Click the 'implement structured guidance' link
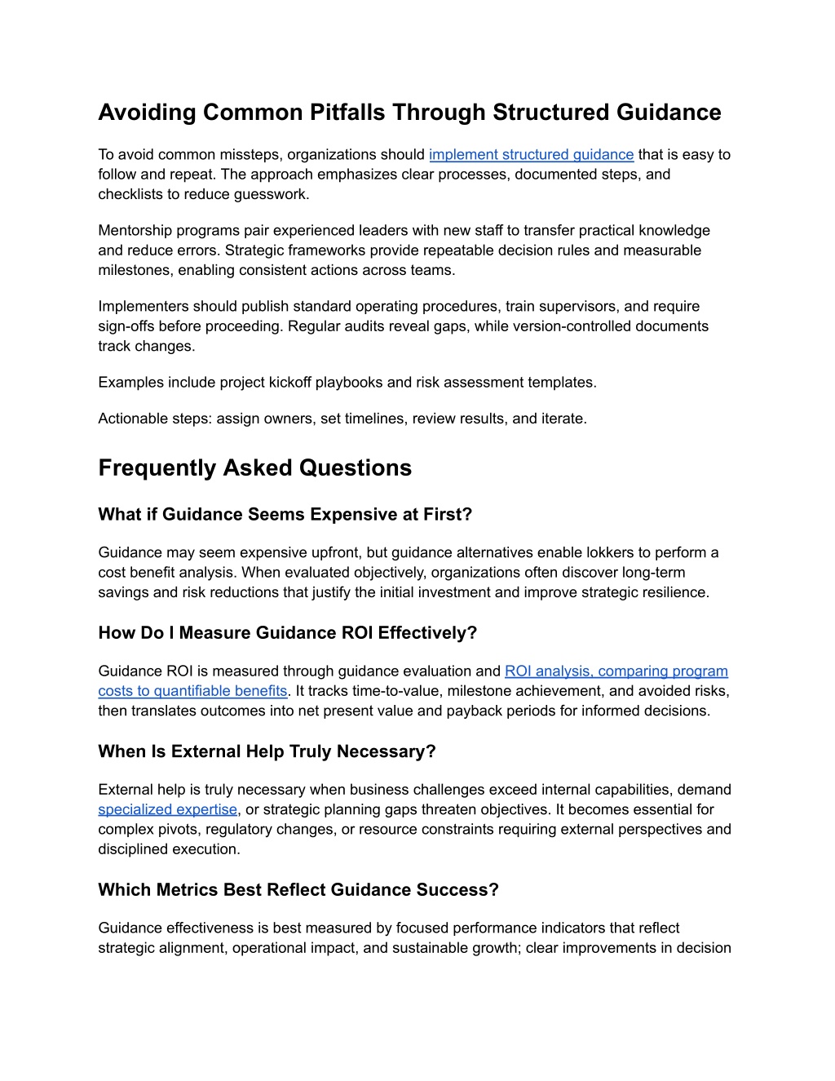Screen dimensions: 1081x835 (531, 154)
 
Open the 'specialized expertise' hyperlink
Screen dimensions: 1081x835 (167, 809)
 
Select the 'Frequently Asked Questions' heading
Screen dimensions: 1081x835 (254, 467)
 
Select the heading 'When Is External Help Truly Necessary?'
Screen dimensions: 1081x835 (267, 751)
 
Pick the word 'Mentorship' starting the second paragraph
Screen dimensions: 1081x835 (135, 230)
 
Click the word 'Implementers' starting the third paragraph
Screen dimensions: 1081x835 (140, 306)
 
